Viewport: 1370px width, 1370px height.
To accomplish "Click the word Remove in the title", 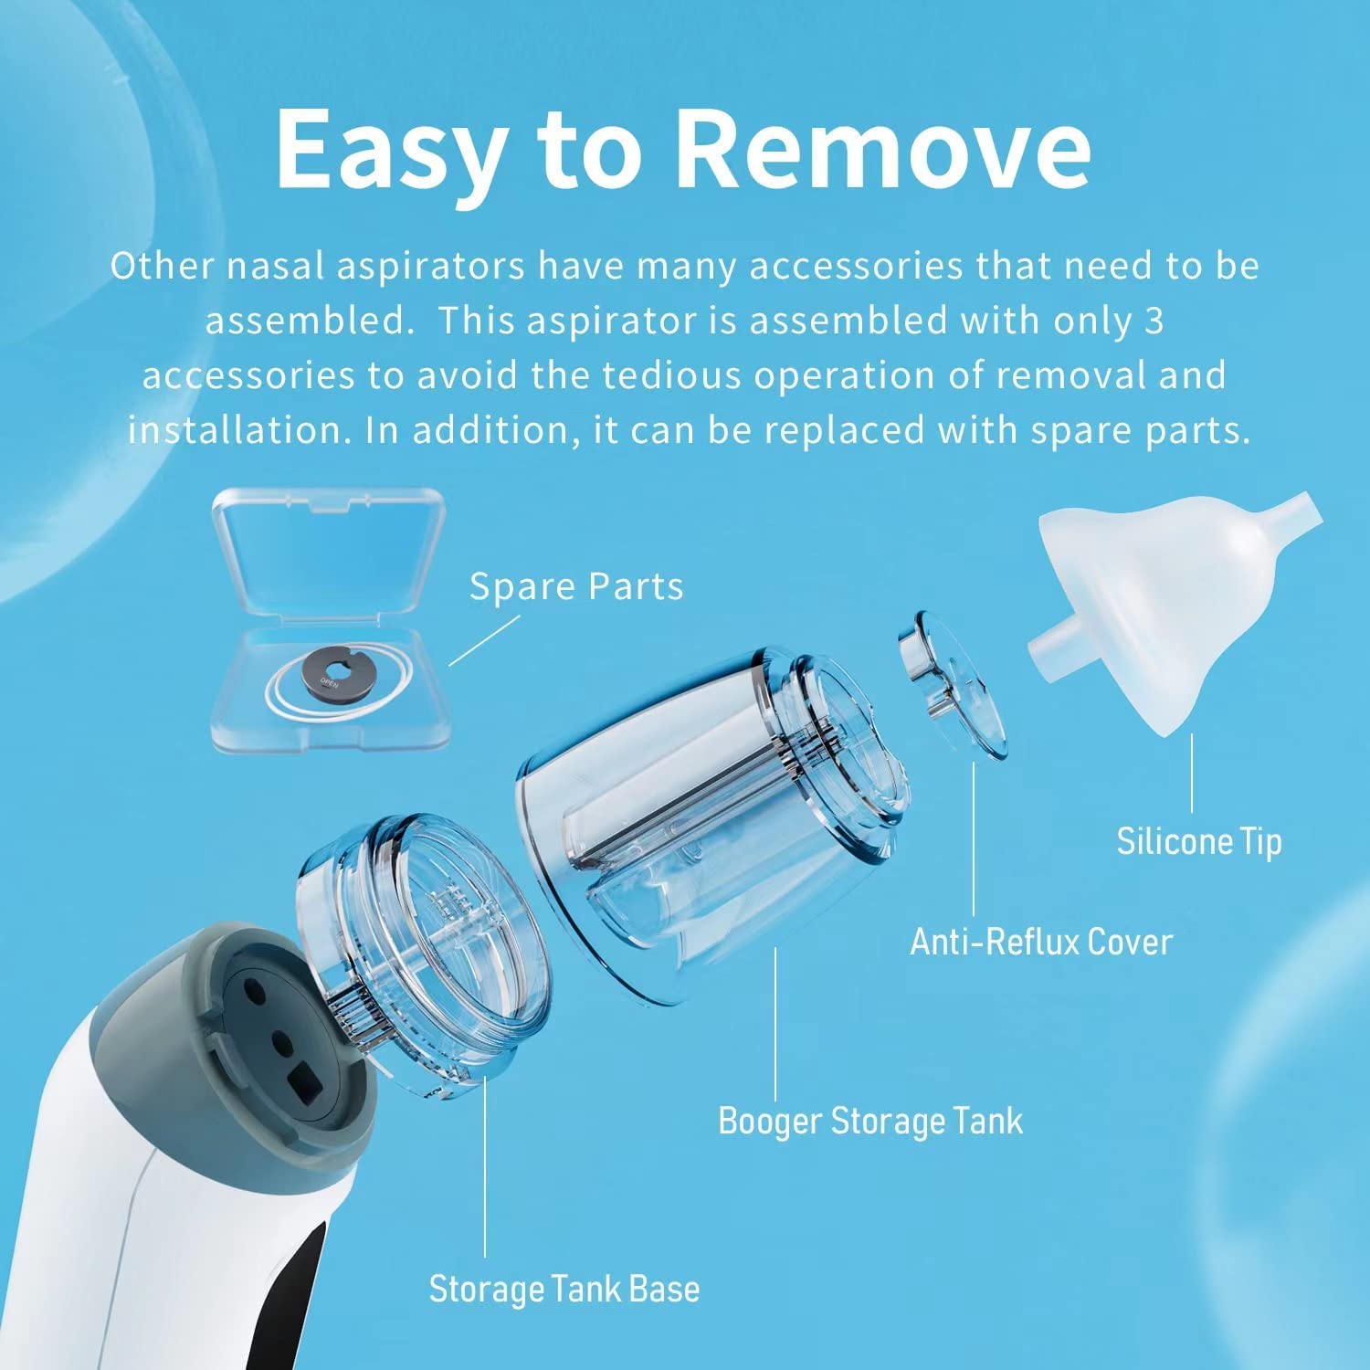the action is coord(884,148).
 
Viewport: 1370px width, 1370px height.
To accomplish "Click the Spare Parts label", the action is coord(576,586).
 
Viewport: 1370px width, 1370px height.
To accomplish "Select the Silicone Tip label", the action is coord(1199,841).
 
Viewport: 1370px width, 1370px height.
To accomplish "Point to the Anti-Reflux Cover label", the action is coord(1041,942).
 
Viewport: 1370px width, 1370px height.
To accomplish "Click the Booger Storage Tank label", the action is coord(870,1121).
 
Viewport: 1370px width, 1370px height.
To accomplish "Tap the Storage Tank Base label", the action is coord(564,1289).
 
